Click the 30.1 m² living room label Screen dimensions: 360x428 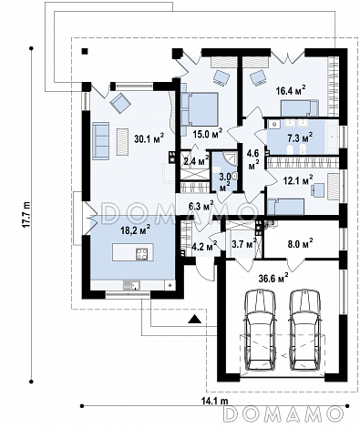coord(149,138)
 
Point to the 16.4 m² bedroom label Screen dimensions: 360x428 coord(291,90)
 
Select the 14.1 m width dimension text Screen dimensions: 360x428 coord(214,401)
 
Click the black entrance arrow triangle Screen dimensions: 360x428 coord(194,319)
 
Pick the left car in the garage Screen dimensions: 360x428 coord(261,330)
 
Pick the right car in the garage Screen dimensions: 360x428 coord(304,330)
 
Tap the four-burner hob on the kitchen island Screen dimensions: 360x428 coord(142,254)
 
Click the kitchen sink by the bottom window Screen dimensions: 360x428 coord(131,285)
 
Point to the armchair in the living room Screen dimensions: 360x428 coord(120,103)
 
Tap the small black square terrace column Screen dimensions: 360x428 coord(85,51)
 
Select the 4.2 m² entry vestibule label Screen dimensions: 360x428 coord(205,245)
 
